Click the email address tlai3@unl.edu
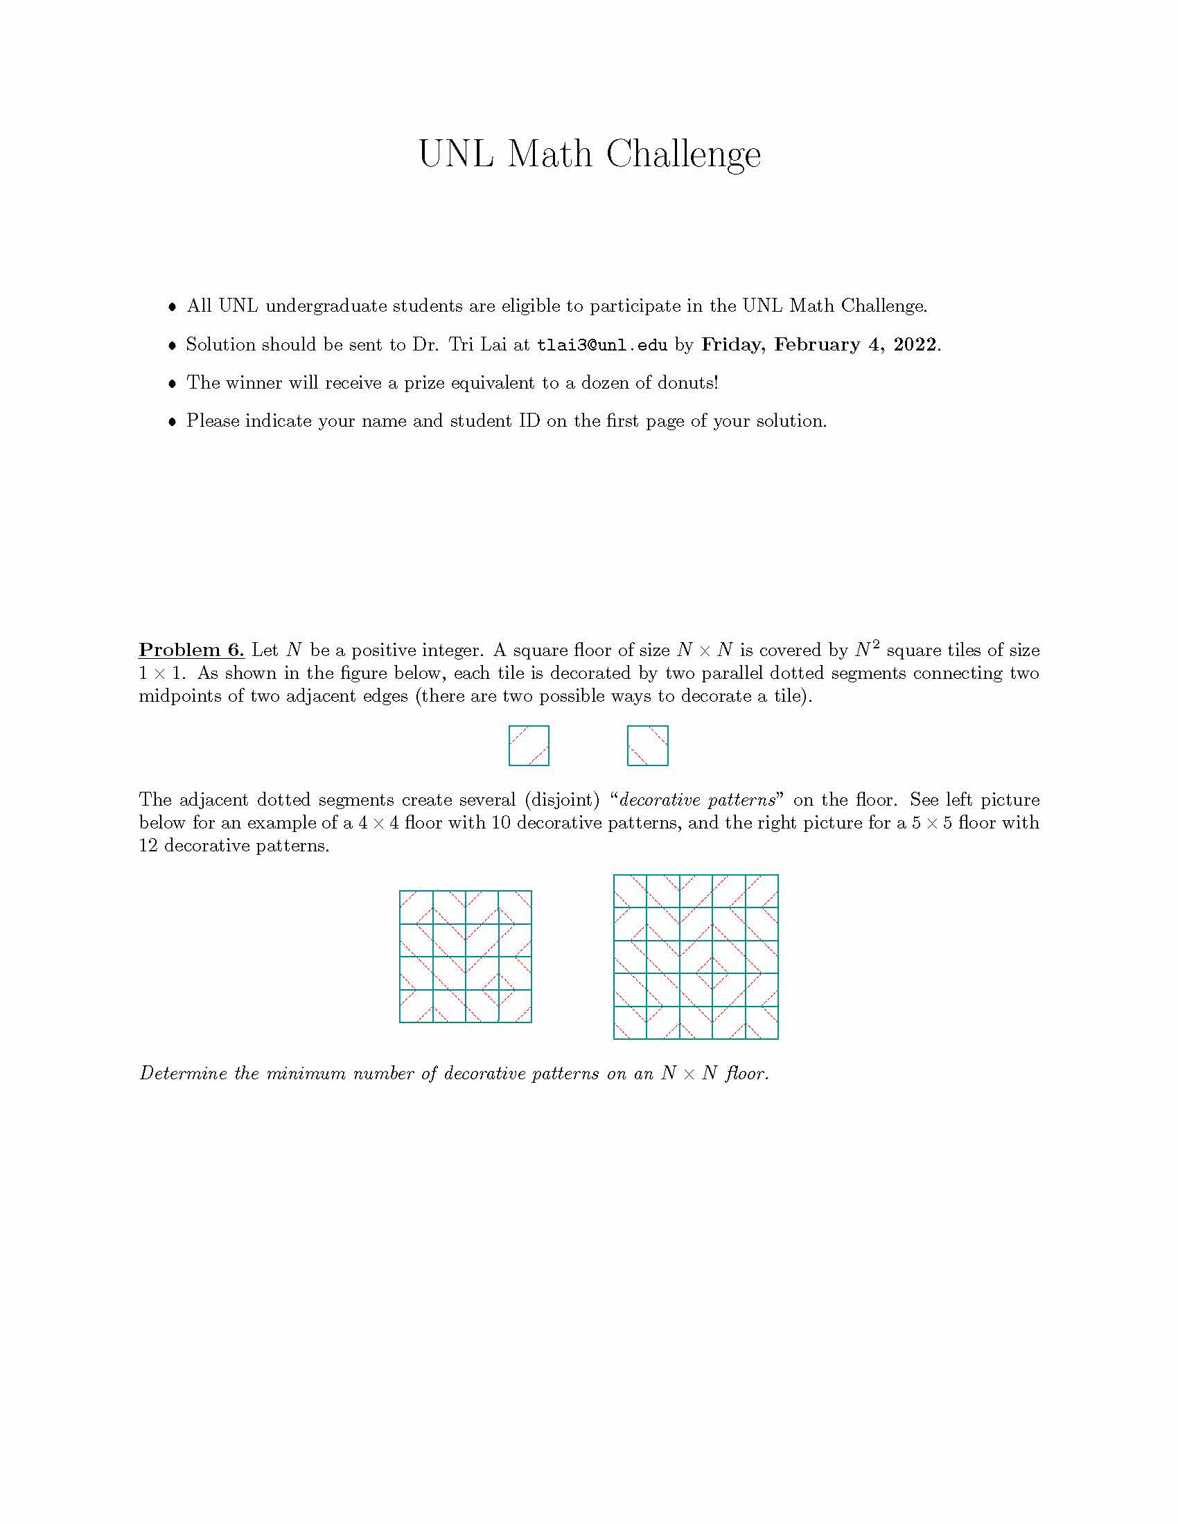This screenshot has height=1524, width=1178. pyautogui.click(x=601, y=346)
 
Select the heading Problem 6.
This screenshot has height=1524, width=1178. pyautogui.click(x=191, y=650)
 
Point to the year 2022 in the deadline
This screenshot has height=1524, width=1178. pyautogui.click(x=914, y=345)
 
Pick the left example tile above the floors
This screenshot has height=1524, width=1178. pyautogui.click(x=529, y=745)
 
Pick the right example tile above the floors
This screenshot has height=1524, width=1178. pyautogui.click(x=648, y=745)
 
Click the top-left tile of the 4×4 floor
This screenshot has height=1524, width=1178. pyautogui.click(x=416, y=907)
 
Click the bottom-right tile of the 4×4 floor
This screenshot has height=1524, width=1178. pyautogui.click(x=515, y=1007)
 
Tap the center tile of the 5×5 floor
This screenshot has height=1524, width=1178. pyautogui.click(x=696, y=957)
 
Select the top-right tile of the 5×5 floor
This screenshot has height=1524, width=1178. pyautogui.click(x=762, y=891)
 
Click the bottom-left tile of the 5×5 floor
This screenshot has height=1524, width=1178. pyautogui.click(x=630, y=1022)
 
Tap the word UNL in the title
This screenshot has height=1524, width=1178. pyautogui.click(x=456, y=154)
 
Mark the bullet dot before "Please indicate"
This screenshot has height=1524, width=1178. pyautogui.click(x=173, y=422)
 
